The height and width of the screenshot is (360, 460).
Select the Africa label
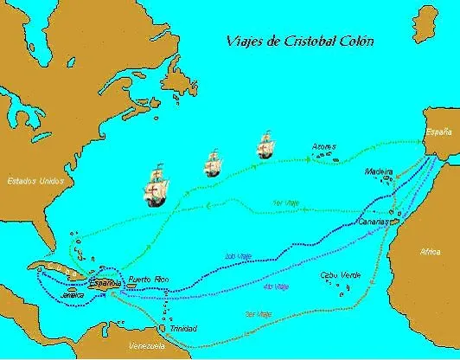431,252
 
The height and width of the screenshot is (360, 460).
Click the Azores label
324,146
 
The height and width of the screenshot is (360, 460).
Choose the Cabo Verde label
336,275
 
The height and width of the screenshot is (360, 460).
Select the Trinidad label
184,329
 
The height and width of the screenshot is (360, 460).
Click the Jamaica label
73,294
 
